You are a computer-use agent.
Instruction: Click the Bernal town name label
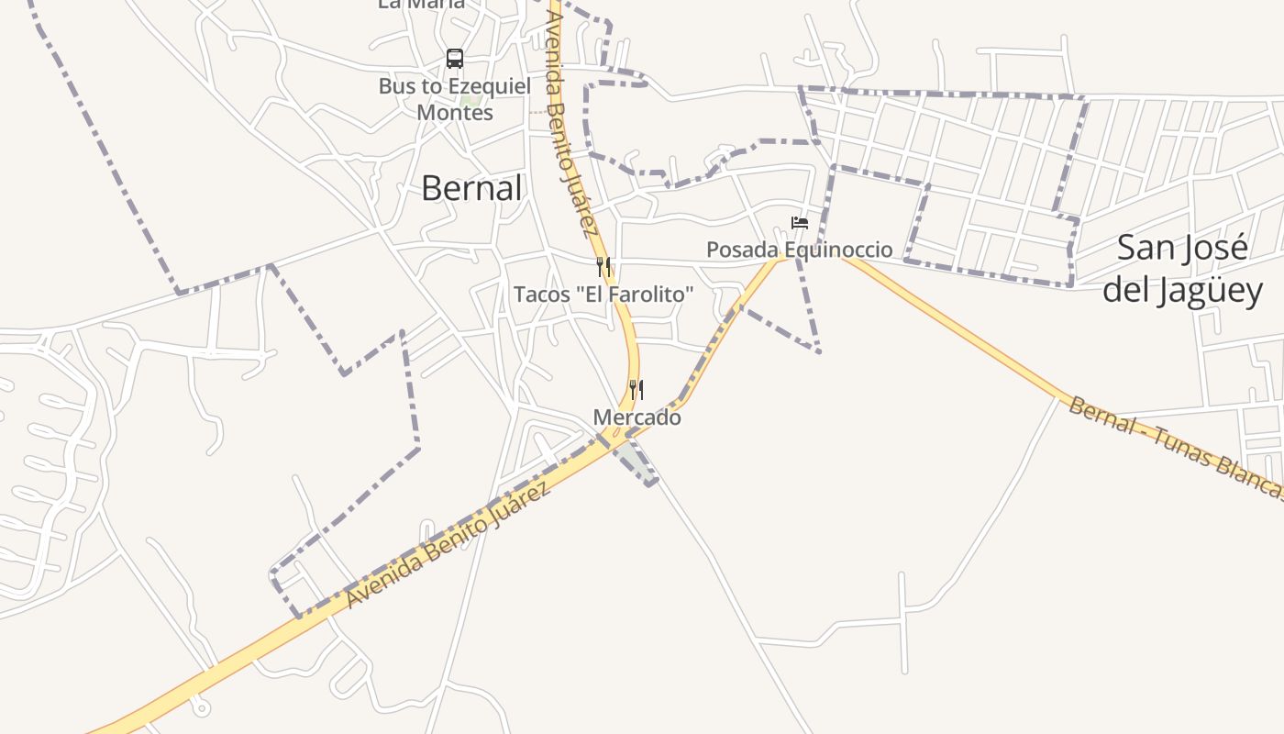[471, 188]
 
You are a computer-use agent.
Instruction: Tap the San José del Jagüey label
[1182, 269]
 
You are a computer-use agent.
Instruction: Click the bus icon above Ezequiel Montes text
[455, 59]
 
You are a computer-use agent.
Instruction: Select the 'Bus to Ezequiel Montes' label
[455, 99]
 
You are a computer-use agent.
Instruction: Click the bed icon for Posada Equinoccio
[800, 223]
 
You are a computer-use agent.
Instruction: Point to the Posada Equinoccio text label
[799, 250]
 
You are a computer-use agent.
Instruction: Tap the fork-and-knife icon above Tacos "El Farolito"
[603, 267]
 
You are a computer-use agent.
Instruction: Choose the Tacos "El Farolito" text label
[603, 295]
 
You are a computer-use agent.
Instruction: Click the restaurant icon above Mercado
[636, 390]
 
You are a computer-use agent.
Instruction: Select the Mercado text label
[637, 417]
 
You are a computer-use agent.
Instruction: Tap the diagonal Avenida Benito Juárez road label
[448, 545]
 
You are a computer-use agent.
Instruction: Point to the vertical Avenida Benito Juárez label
[574, 119]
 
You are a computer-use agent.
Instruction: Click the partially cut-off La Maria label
[421, 5]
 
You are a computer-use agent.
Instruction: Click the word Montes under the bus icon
[455, 113]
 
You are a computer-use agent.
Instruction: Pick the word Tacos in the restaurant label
[538, 295]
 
